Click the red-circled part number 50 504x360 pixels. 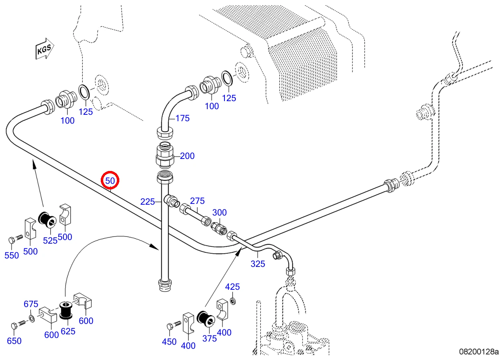(x=110, y=181)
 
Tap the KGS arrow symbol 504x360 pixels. (x=45, y=49)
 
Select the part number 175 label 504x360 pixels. (x=182, y=118)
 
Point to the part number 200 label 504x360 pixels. (x=187, y=156)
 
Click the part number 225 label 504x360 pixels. (x=148, y=202)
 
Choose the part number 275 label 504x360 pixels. (x=197, y=201)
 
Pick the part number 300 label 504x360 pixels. (x=219, y=212)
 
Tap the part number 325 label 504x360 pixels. (x=258, y=264)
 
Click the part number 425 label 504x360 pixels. (x=233, y=287)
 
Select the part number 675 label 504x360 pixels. (x=31, y=304)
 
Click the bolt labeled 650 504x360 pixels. (x=19, y=325)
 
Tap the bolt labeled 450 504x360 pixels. (x=174, y=325)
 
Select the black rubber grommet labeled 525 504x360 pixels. (x=47, y=219)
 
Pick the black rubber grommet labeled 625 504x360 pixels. (x=66, y=310)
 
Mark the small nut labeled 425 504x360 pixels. (x=233, y=301)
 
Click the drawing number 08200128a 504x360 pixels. (x=479, y=352)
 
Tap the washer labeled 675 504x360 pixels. (x=32, y=319)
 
